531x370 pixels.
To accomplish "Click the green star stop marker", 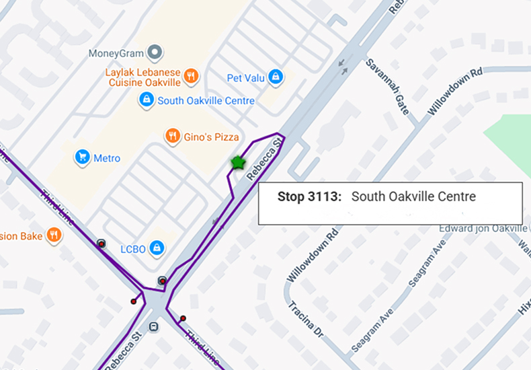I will click(237, 163).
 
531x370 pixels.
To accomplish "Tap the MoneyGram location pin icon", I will click(155, 52).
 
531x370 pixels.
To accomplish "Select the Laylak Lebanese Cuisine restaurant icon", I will click(191, 75).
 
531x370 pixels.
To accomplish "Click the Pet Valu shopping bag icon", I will click(275, 77).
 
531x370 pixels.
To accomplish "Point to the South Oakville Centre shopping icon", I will click(146, 100).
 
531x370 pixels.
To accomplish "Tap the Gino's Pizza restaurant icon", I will click(173, 137).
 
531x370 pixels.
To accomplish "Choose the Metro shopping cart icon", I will click(82, 158).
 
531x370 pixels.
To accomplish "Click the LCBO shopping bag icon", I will click(157, 248).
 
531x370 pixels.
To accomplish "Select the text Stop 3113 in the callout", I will click(309, 196).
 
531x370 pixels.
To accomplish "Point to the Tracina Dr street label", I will click(306, 318).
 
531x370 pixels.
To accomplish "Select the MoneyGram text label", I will click(116, 52).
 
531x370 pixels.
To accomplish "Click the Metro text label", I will click(107, 159).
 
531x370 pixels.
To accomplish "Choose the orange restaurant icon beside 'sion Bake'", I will click(54, 235).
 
